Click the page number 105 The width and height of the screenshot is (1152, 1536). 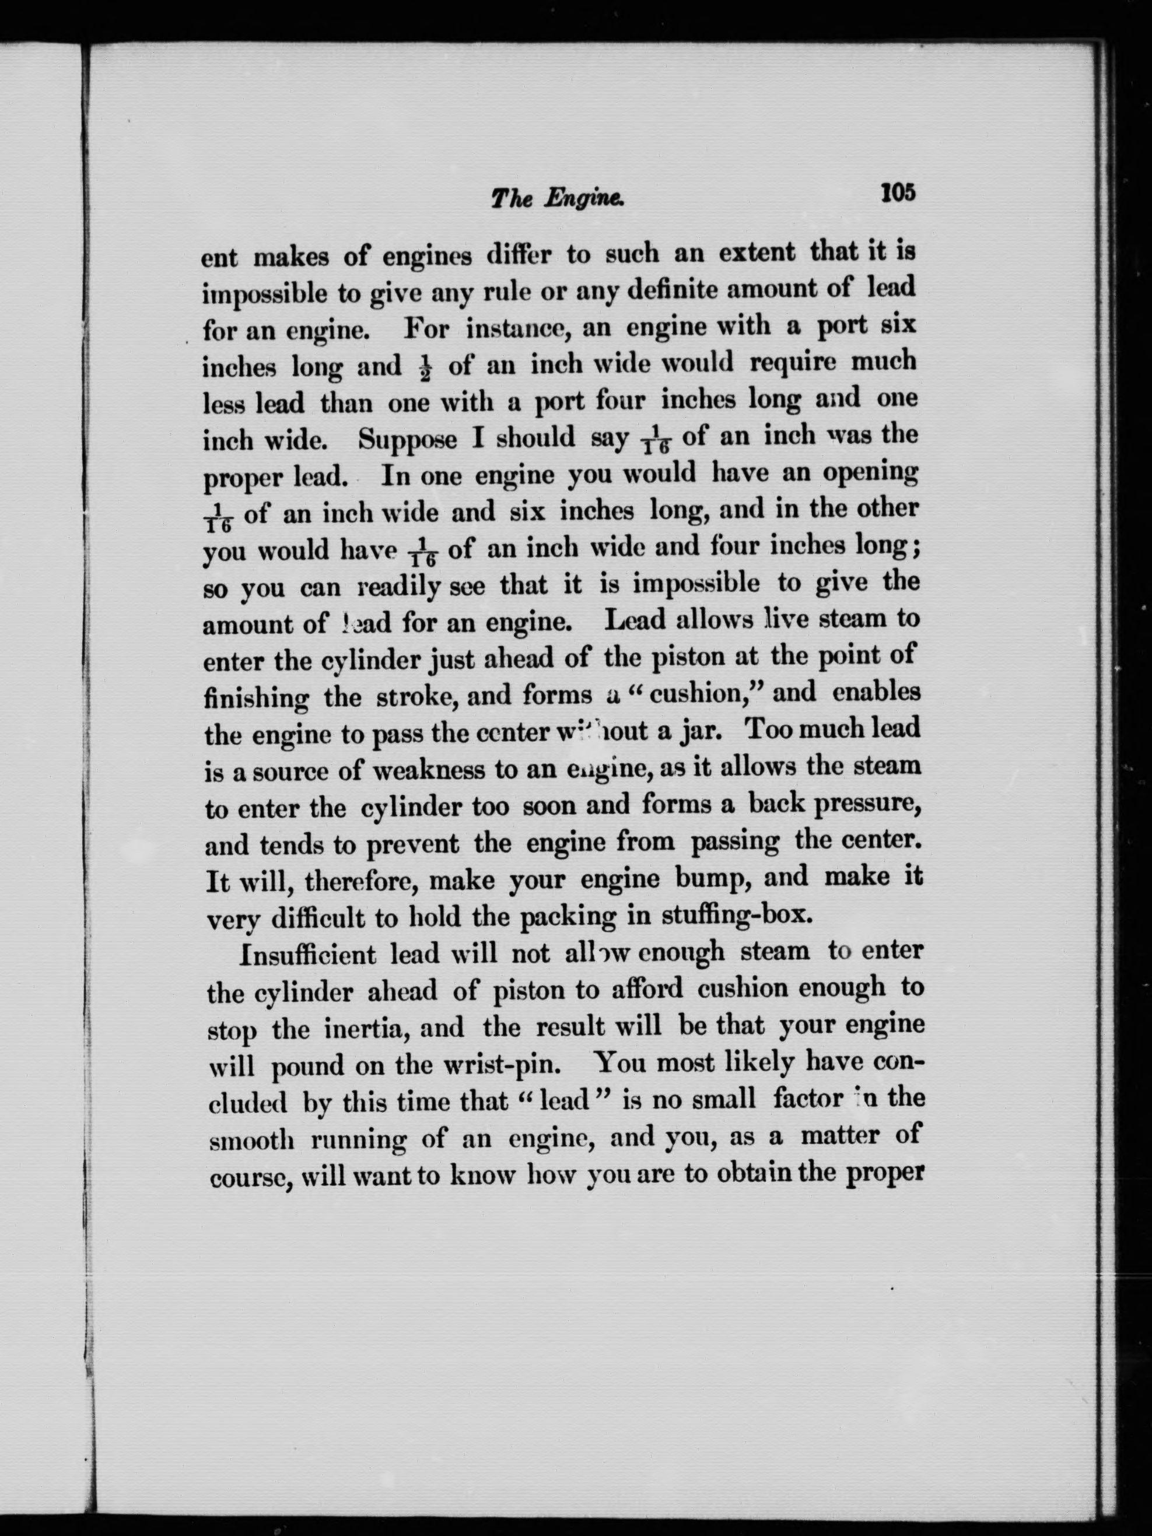pyautogui.click(x=898, y=192)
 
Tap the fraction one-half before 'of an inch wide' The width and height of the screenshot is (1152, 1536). pyautogui.click(x=426, y=366)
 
